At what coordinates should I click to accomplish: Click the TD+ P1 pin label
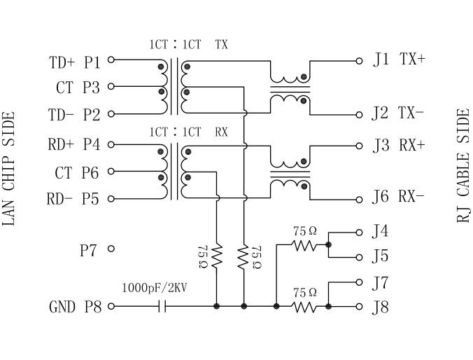75,62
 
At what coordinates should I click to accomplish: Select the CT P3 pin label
78,88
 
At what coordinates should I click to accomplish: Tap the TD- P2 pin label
75,115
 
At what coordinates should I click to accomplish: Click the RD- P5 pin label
73,199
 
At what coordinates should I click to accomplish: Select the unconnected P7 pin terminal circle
111,248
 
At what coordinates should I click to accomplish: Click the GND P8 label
75,307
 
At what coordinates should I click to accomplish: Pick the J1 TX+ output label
399,60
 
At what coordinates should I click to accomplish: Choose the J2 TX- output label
399,113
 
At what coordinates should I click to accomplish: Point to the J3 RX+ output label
399,146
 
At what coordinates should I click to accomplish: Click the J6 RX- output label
399,197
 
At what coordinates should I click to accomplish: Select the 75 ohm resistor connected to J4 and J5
305,245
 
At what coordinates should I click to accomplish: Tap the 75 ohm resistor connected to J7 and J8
305,307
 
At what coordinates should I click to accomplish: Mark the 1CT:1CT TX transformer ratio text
188,45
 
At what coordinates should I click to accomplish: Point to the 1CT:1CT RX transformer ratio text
188,132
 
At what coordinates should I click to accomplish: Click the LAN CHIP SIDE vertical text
10,168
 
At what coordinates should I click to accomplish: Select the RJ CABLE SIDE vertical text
463,165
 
